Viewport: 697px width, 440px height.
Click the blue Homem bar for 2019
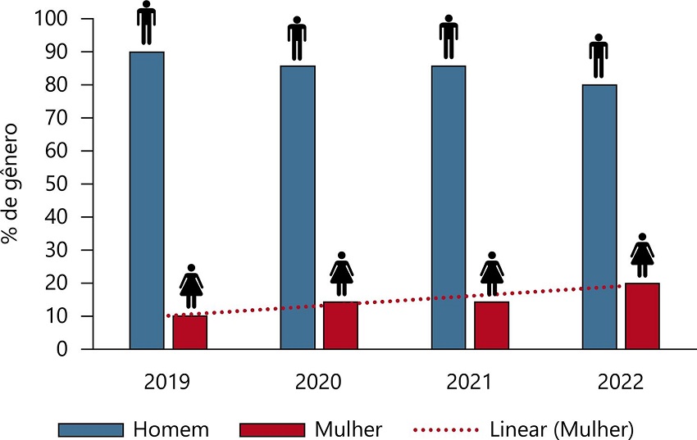coord(147,201)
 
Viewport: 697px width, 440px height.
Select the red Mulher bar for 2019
coord(190,333)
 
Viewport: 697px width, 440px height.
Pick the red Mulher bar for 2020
coord(340,326)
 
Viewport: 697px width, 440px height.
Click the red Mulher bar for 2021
coord(491,326)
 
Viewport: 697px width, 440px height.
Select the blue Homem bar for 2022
coord(599,217)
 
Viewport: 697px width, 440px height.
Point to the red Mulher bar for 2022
coord(643,316)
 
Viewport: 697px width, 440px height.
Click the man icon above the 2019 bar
coord(146,23)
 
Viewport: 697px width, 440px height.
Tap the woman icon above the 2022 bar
coord(643,256)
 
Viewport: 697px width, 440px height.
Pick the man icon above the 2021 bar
coord(448,38)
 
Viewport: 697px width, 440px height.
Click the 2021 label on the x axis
coord(470,383)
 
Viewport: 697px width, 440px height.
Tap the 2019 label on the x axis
coord(168,383)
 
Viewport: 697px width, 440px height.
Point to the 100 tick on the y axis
coord(52,18)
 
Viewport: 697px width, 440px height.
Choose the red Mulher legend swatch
coord(270,429)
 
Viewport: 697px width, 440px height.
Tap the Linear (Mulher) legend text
coord(563,429)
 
